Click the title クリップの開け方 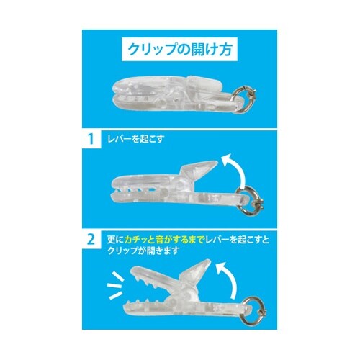179,51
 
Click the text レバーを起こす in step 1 137,138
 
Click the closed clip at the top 173,92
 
